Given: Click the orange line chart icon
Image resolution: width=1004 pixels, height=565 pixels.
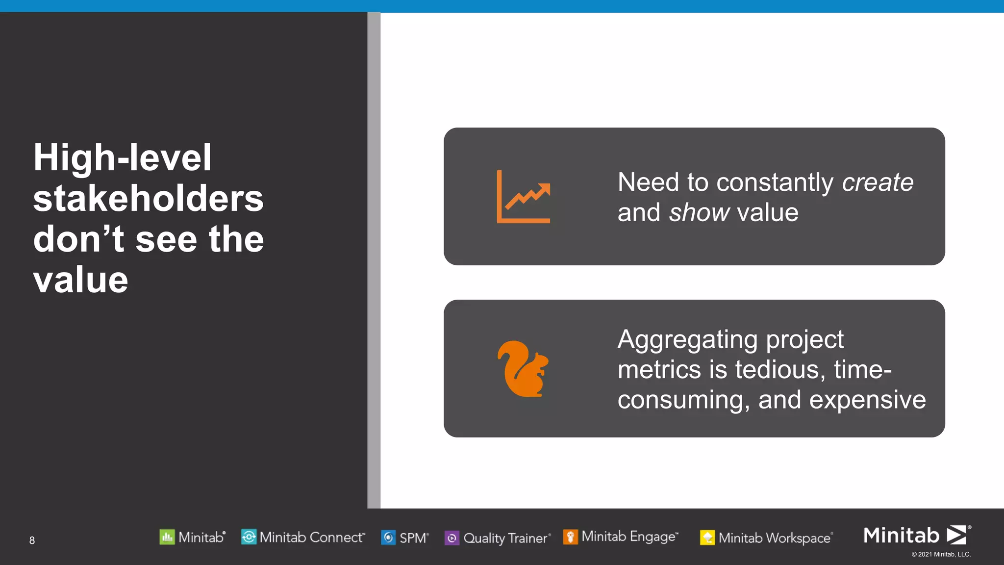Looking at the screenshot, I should pos(524,197).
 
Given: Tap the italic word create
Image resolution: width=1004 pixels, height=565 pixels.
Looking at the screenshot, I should pos(878,182).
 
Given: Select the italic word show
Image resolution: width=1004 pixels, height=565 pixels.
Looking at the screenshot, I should pos(699,213).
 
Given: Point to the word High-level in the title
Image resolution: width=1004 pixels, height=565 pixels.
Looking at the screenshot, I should pos(122,157).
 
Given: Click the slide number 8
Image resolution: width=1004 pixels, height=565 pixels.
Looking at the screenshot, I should pos(32,540).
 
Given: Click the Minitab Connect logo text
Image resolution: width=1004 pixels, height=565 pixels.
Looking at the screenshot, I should pos(312,537).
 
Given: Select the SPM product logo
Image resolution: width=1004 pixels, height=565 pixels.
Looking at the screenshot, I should pos(405,538).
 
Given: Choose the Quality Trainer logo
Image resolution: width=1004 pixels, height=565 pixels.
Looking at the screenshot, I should pos(498,538).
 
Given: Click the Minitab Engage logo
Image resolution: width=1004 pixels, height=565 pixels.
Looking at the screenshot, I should pos(621,537).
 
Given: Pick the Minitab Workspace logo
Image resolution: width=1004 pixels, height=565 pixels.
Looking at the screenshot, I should pos(767,538).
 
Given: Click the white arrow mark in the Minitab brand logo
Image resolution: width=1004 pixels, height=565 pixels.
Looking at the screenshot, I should pos(956,535).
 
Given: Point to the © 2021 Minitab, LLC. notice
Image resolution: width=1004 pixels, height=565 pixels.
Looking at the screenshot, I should pos(941,554).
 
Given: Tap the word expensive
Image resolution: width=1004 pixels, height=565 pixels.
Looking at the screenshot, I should pos(867,400).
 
